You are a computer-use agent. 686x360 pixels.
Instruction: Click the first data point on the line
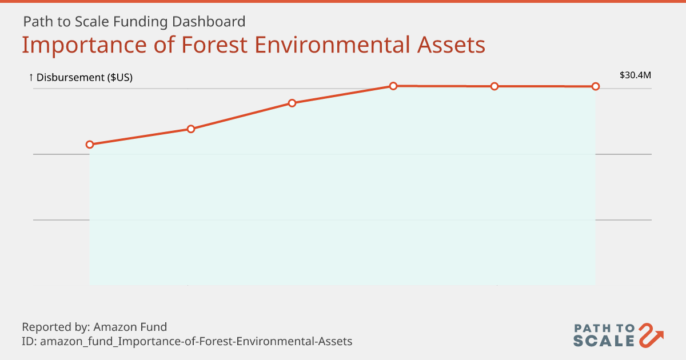(89, 145)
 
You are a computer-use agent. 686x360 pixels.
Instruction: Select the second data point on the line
(191, 129)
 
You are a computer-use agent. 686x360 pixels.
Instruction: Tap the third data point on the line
(292, 103)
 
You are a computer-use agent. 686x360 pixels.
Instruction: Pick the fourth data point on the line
(393, 86)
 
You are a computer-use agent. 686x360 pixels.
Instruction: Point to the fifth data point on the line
(494, 87)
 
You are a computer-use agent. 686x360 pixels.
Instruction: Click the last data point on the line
(596, 87)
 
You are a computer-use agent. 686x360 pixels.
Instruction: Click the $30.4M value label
(635, 75)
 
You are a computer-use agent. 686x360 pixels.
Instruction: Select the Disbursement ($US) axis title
(85, 78)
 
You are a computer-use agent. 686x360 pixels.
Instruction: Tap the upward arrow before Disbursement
(31, 78)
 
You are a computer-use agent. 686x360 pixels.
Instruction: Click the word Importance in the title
(84, 45)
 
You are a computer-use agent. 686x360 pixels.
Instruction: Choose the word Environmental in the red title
(332, 45)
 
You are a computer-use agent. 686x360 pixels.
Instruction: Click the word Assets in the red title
(452, 45)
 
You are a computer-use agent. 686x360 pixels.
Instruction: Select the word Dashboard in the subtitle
(209, 22)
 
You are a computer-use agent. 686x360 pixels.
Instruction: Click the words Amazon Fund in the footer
(130, 327)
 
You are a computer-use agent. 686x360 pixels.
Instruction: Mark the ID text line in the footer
(187, 341)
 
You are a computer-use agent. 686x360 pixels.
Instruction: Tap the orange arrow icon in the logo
(650, 335)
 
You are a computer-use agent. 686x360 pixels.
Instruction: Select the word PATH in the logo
(593, 329)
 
